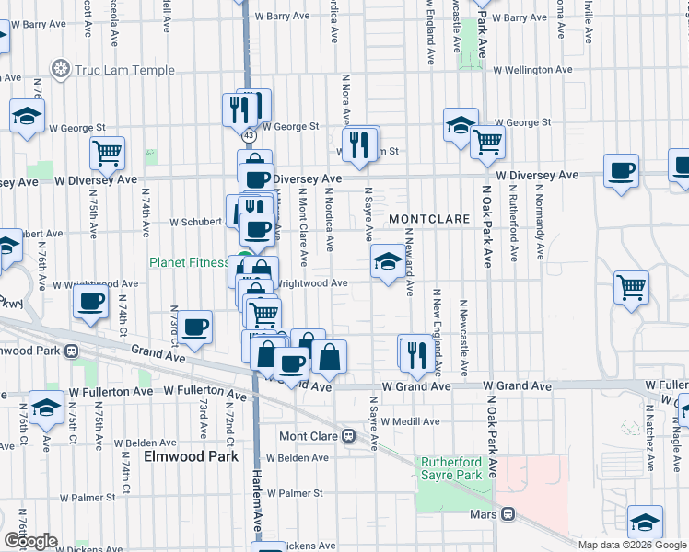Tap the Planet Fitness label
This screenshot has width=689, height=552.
189,262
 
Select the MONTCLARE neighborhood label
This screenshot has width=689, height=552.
424,218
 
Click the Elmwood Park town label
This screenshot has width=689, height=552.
191,456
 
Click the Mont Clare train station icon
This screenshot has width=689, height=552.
349,436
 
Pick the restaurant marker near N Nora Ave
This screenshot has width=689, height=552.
359,144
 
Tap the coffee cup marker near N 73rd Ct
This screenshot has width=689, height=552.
194,326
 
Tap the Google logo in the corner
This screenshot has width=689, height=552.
31,541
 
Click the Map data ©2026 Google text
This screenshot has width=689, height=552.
631,545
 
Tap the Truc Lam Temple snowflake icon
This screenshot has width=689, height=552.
62,69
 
